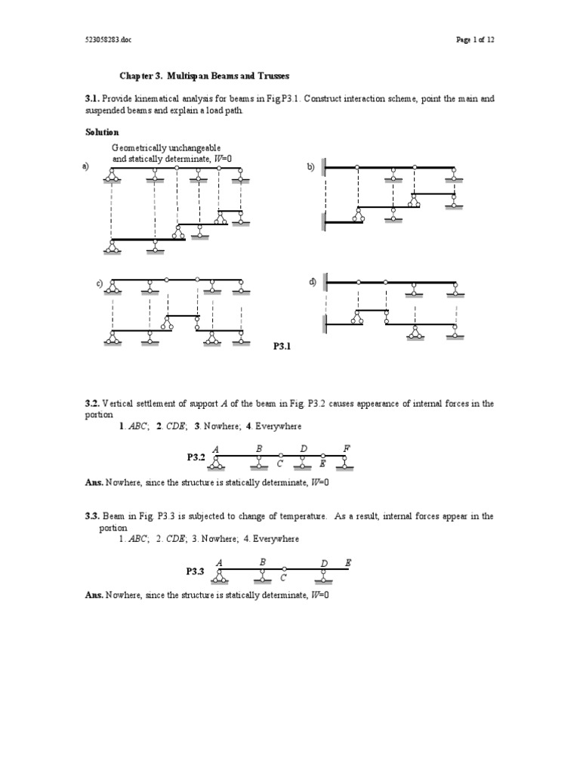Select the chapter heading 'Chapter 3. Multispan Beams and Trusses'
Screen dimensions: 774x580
[205, 76]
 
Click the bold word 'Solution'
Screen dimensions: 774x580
[102, 132]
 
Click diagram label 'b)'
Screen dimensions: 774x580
[310, 167]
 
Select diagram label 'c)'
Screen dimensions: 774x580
[99, 283]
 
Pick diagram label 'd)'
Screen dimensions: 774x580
[312, 281]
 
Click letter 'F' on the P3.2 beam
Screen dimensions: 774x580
[347, 448]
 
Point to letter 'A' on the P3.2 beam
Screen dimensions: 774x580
[216, 448]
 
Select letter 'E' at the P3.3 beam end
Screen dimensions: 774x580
[348, 563]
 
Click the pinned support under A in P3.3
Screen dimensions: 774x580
[221, 577]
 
